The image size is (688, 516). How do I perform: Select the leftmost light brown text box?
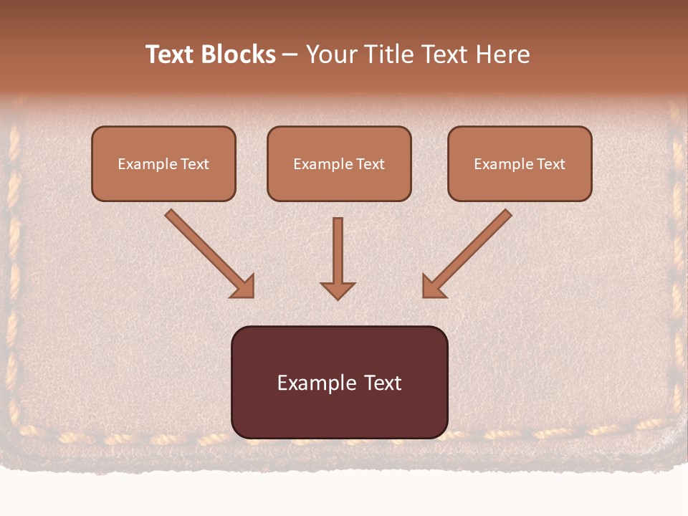pyautogui.click(x=163, y=183)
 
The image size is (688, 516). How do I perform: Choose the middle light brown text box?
pyautogui.click(x=339, y=183)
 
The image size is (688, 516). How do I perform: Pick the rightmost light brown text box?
pyautogui.click(x=520, y=183)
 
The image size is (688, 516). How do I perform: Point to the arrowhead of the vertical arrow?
pyautogui.click(x=338, y=290)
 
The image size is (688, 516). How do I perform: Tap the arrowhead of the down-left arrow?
pyautogui.click(x=433, y=287)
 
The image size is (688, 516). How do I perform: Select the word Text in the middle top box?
pyautogui.click(x=370, y=164)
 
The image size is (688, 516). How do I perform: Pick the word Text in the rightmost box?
pyautogui.click(x=550, y=164)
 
